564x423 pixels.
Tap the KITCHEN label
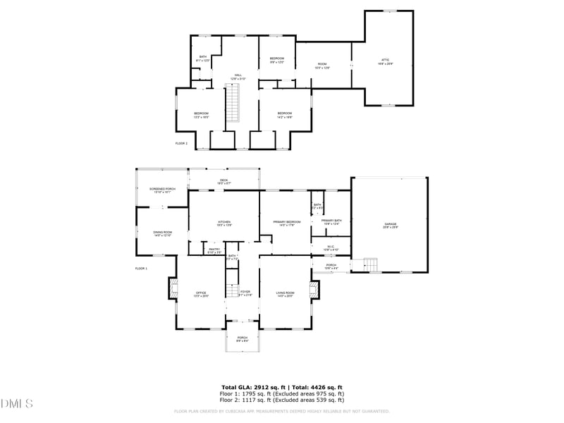[x=223, y=223]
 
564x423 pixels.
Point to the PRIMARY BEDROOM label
[x=287, y=223]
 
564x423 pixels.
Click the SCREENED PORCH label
[x=162, y=190]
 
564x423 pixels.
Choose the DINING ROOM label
[x=163, y=233]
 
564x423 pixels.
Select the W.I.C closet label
[x=331, y=247]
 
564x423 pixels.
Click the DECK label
[x=223, y=181]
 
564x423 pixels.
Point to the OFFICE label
[x=201, y=294]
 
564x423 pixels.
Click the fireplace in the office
[x=171, y=288]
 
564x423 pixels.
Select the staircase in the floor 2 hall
[x=233, y=103]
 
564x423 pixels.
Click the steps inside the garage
[x=371, y=265]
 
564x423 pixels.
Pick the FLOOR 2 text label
[x=181, y=143]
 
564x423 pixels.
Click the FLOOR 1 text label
[x=141, y=269]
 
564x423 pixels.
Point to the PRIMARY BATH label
[x=331, y=223]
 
